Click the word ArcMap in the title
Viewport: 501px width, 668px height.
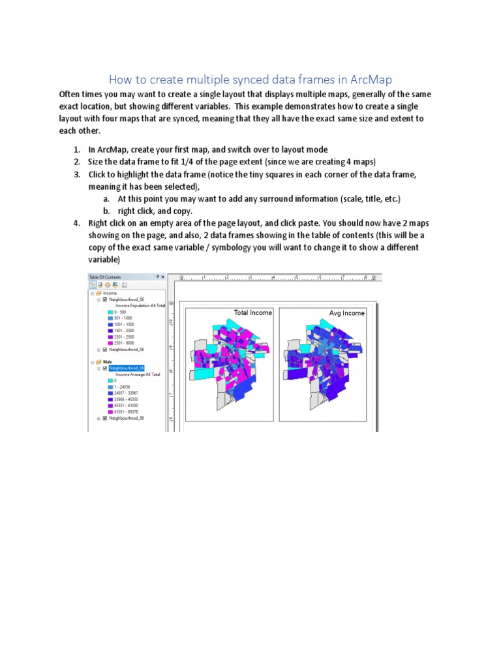[371, 80]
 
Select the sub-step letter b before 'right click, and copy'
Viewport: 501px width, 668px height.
[105, 211]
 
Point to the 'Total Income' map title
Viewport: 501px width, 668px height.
[253, 313]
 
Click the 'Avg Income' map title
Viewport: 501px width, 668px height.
[347, 313]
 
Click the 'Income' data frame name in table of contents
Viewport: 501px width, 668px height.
[109, 294]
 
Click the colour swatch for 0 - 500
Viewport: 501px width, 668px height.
[110, 312]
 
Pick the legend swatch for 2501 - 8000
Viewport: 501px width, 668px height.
[110, 343]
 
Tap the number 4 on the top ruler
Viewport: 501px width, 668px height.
[273, 277]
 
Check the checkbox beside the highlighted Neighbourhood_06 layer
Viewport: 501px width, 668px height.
[104, 368]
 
